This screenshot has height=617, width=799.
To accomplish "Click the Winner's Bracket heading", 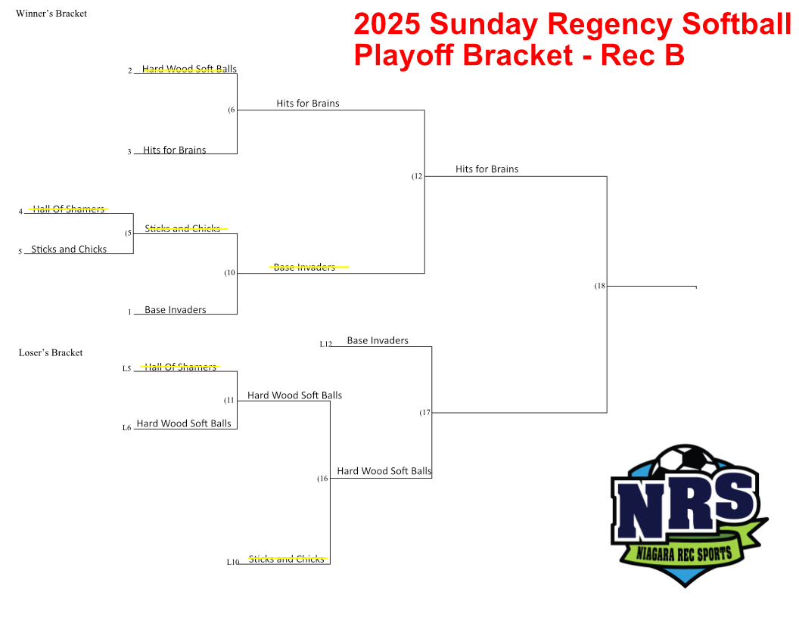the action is [51, 14].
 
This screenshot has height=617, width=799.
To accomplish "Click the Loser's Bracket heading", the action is [51, 352].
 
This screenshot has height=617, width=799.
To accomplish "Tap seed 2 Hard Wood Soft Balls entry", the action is [189, 69].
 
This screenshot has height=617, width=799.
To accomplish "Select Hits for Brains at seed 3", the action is [174, 150].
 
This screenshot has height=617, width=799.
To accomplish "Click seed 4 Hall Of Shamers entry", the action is [68, 209].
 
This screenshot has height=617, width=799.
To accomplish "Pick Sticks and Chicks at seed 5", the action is [69, 249].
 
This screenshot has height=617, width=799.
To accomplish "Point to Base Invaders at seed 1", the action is [176, 309].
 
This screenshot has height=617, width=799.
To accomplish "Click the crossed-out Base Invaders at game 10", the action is [304, 267].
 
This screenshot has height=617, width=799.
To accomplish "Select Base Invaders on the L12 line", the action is [378, 340].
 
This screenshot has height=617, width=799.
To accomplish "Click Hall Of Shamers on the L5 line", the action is [180, 367].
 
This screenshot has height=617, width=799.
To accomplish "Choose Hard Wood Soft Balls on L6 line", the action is [183, 423].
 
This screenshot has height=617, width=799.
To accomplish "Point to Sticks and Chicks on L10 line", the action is [286, 559].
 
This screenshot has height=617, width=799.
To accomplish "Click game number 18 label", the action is [600, 286].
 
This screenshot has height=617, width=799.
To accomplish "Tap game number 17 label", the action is [425, 412].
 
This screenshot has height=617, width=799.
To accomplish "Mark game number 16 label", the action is [322, 479].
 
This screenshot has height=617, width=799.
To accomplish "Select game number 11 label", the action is [229, 400].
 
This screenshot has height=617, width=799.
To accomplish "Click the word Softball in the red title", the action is [736, 23].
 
